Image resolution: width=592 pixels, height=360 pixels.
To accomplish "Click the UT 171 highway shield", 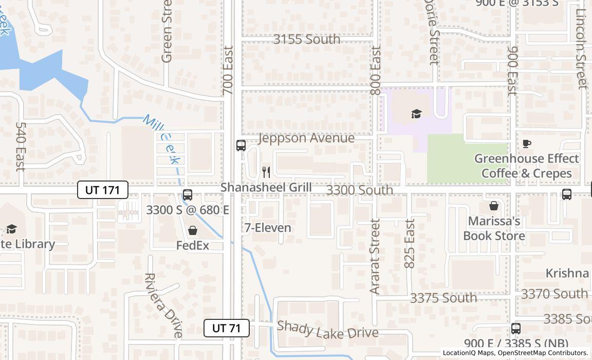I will (103, 190).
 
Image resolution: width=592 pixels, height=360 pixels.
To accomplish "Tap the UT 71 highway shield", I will (227, 328).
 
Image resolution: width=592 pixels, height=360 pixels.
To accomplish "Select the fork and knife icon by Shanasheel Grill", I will (266, 172).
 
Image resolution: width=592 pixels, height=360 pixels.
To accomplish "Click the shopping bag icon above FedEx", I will (193, 230).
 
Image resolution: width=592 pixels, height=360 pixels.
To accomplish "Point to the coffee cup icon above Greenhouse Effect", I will (526, 143).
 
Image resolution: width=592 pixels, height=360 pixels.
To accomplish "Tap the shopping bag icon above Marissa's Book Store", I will (494, 206).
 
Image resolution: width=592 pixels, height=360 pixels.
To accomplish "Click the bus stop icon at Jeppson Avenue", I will (241, 145).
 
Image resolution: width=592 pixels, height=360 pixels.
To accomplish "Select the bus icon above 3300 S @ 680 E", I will (188, 195).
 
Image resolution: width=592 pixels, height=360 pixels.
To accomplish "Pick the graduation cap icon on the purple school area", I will (416, 114).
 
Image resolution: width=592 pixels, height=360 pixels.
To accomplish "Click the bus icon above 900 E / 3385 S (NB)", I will (516, 328).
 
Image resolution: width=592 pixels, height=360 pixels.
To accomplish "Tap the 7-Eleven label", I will (268, 227).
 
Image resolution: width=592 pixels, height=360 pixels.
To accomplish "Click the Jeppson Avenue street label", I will (306, 138).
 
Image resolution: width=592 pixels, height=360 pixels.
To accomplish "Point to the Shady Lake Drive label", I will (328, 330).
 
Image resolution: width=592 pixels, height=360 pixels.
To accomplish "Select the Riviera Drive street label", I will (163, 305).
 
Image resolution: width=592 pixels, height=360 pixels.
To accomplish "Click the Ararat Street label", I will (375, 256).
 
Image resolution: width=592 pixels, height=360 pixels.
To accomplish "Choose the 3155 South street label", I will (306, 39).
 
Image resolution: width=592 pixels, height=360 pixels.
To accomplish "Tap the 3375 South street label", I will (443, 298).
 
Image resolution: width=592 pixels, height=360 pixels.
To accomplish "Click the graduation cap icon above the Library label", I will (11, 228).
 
